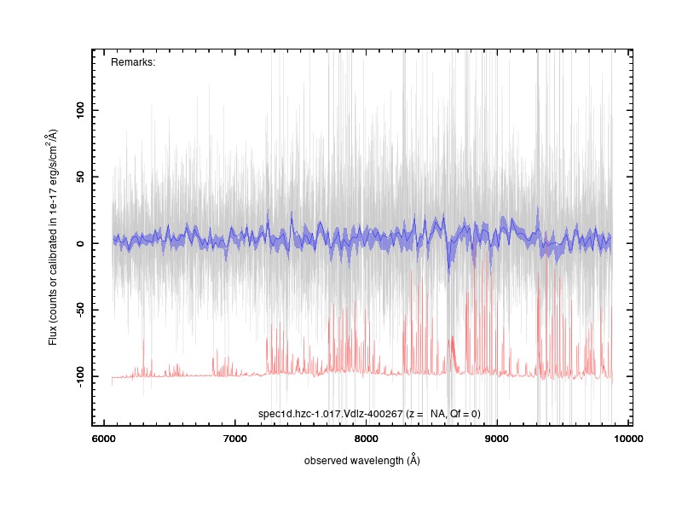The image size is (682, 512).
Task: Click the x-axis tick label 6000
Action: pos(104,439)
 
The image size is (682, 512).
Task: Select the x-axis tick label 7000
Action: pos(235,439)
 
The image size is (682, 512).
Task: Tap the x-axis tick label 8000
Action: pos(366,439)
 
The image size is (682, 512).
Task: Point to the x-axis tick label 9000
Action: pos(497,439)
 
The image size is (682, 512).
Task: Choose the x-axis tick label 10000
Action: pos(628,439)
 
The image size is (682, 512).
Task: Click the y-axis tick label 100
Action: pos(80,110)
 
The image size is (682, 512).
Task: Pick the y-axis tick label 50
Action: pos(80,177)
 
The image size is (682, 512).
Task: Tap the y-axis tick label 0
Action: pos(80,243)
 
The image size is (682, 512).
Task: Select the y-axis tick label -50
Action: pos(80,310)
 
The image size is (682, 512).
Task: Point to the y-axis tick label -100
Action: pos(80,376)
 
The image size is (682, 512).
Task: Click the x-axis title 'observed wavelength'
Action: pos(354,461)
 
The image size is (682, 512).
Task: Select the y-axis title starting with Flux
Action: pos(53,237)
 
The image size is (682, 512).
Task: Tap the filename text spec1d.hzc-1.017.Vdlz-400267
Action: pos(331,414)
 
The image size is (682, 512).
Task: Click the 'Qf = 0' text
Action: pos(464,414)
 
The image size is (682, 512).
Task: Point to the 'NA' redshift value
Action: pos(437,414)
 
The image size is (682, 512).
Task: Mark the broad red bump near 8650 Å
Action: pos(453,352)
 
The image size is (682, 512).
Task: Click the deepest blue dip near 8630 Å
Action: pos(448,273)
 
